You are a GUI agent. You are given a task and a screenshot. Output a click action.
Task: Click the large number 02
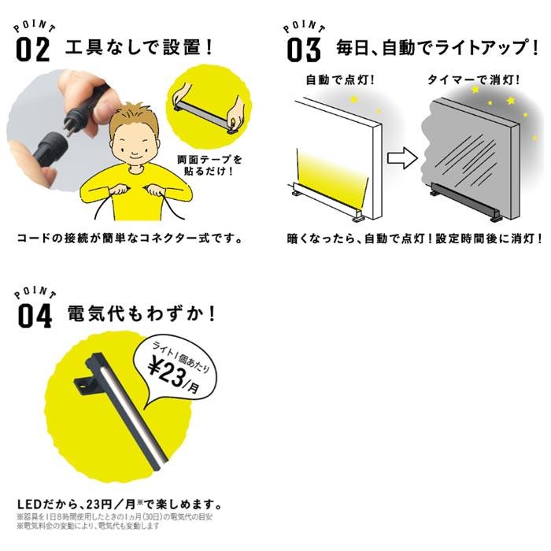[x=33, y=49]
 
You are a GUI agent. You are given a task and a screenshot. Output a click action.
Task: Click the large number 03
[x=304, y=49]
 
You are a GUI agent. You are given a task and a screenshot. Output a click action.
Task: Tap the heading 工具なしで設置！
[x=141, y=46]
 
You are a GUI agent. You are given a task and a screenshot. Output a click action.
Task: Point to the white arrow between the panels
[x=403, y=157]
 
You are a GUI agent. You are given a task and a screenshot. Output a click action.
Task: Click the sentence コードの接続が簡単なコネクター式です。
[x=128, y=237]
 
